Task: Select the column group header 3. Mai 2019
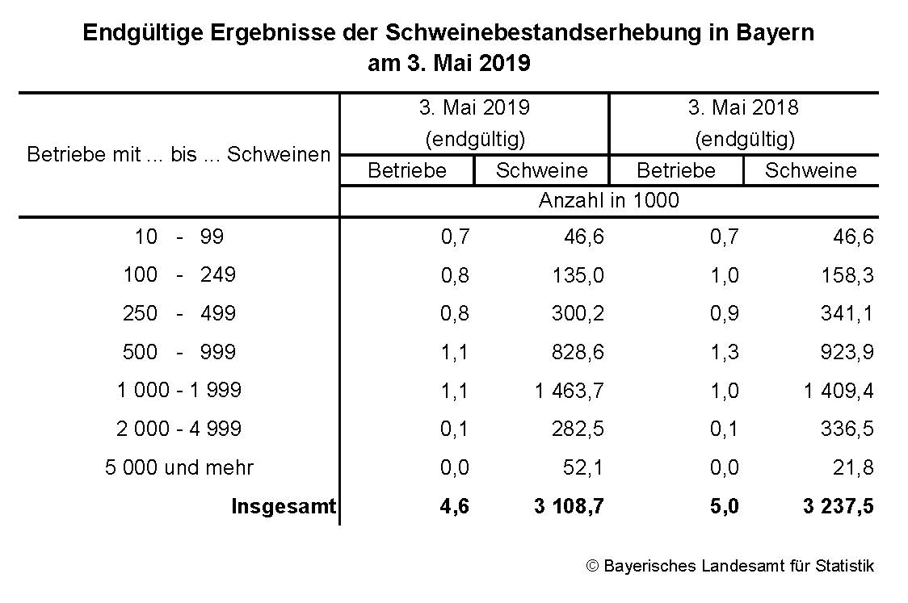click(x=474, y=107)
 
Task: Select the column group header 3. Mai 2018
click(x=743, y=107)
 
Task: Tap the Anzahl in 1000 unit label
click(x=608, y=200)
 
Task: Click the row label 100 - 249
click(x=179, y=274)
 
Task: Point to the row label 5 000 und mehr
click(x=179, y=467)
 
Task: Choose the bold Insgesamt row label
click(x=284, y=506)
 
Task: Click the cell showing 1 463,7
click(x=569, y=391)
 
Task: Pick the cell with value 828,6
click(x=578, y=352)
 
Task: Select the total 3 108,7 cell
click(x=569, y=506)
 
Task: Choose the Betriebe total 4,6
click(x=455, y=506)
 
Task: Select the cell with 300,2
click(x=578, y=313)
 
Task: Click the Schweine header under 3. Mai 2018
click(x=810, y=170)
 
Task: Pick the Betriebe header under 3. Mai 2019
click(x=407, y=170)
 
